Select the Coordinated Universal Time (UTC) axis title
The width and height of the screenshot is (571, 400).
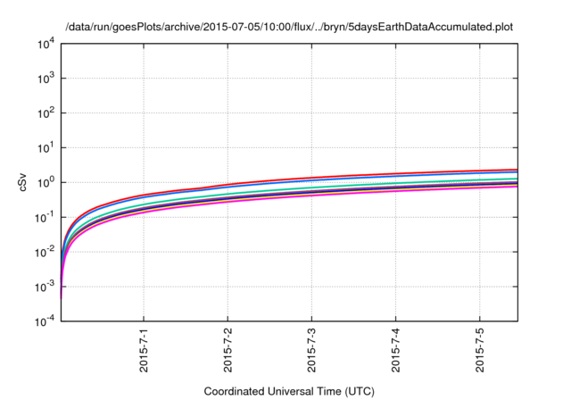point(288,391)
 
